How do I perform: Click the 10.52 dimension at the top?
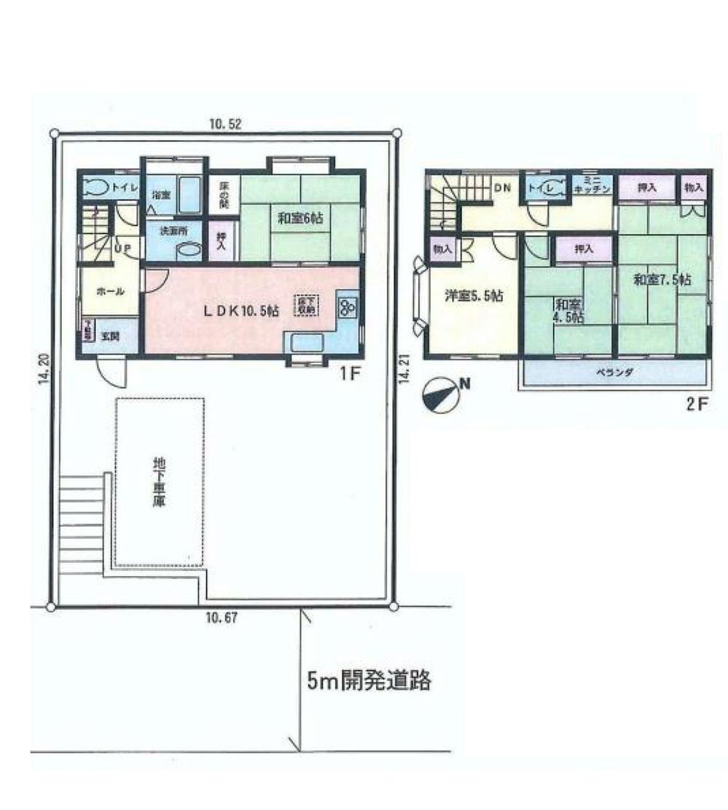tap(224, 125)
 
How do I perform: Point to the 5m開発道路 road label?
tap(369, 682)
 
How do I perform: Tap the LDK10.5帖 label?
tap(240, 310)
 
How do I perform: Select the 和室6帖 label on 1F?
tap(300, 216)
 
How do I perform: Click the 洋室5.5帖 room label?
tap(474, 296)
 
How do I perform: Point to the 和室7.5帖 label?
tap(662, 280)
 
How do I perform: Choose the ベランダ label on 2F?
tap(615, 372)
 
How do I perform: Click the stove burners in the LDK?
tap(346, 308)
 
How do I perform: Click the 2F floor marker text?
tap(697, 405)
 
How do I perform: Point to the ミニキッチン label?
tap(585, 186)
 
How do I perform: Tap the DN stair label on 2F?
tap(504, 188)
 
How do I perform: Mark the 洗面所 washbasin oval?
tap(189, 250)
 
